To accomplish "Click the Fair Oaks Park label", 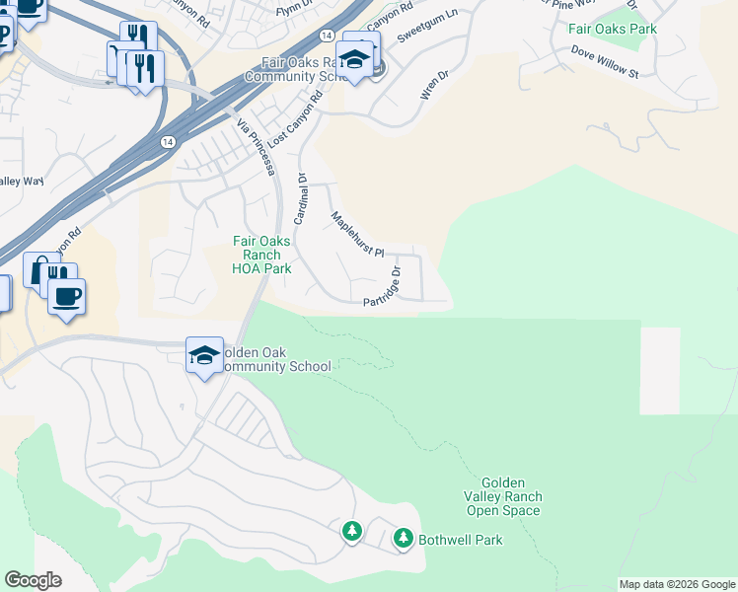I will click(612, 29).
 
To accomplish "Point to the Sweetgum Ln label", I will click(427, 28).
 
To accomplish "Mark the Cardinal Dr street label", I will click(302, 197).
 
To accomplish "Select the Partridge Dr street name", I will click(383, 287).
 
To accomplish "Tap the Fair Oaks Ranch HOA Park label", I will click(261, 255).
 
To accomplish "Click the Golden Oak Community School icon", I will click(204, 355).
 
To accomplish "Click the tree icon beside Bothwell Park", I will click(404, 538).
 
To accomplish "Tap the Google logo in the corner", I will click(33, 580).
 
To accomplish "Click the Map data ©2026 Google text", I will click(677, 584).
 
